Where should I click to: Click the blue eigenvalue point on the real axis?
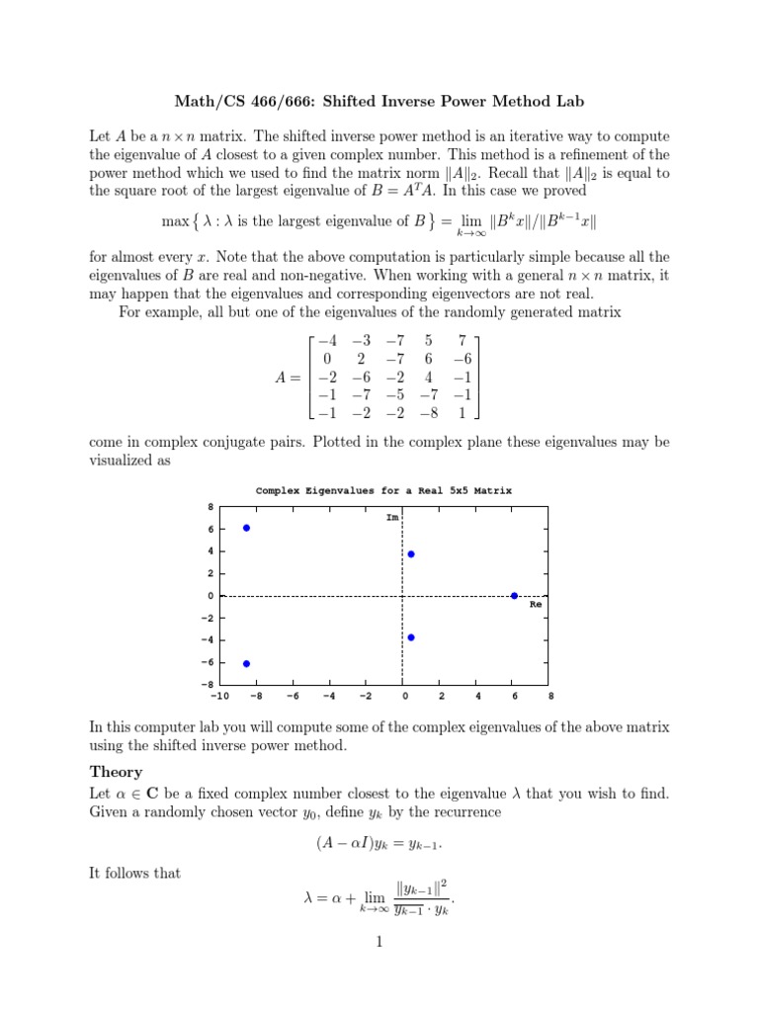(x=514, y=596)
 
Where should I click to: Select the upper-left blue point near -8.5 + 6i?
(x=246, y=528)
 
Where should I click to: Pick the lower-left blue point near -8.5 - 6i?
(x=246, y=663)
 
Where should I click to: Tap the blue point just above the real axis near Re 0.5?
(x=411, y=554)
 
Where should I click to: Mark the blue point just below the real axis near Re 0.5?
(x=411, y=637)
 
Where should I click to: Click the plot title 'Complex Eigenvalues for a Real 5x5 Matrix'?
(x=383, y=490)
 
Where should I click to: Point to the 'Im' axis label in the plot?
(x=391, y=516)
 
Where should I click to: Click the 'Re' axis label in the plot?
(x=537, y=604)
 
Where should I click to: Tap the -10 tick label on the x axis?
(x=220, y=695)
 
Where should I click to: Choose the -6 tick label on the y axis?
(x=208, y=663)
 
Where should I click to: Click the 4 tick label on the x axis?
(x=478, y=695)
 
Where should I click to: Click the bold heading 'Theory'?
(x=116, y=772)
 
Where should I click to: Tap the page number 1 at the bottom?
(x=379, y=942)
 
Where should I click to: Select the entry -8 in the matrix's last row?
(x=431, y=413)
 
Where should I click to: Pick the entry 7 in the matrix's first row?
(x=462, y=339)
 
